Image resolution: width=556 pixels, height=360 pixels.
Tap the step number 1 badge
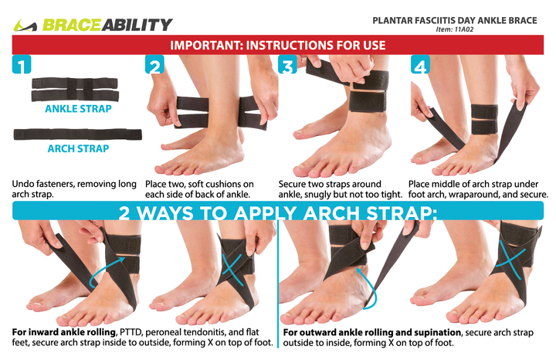click(x=22, y=65)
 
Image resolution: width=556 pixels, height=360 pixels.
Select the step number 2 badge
click(x=155, y=66)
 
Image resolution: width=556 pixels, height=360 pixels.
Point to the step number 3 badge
click(x=288, y=66)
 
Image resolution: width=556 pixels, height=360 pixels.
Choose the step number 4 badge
click(x=421, y=66)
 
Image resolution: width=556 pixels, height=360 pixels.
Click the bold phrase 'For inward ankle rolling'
click(x=63, y=332)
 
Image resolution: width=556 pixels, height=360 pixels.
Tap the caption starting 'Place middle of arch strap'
click(x=478, y=189)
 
